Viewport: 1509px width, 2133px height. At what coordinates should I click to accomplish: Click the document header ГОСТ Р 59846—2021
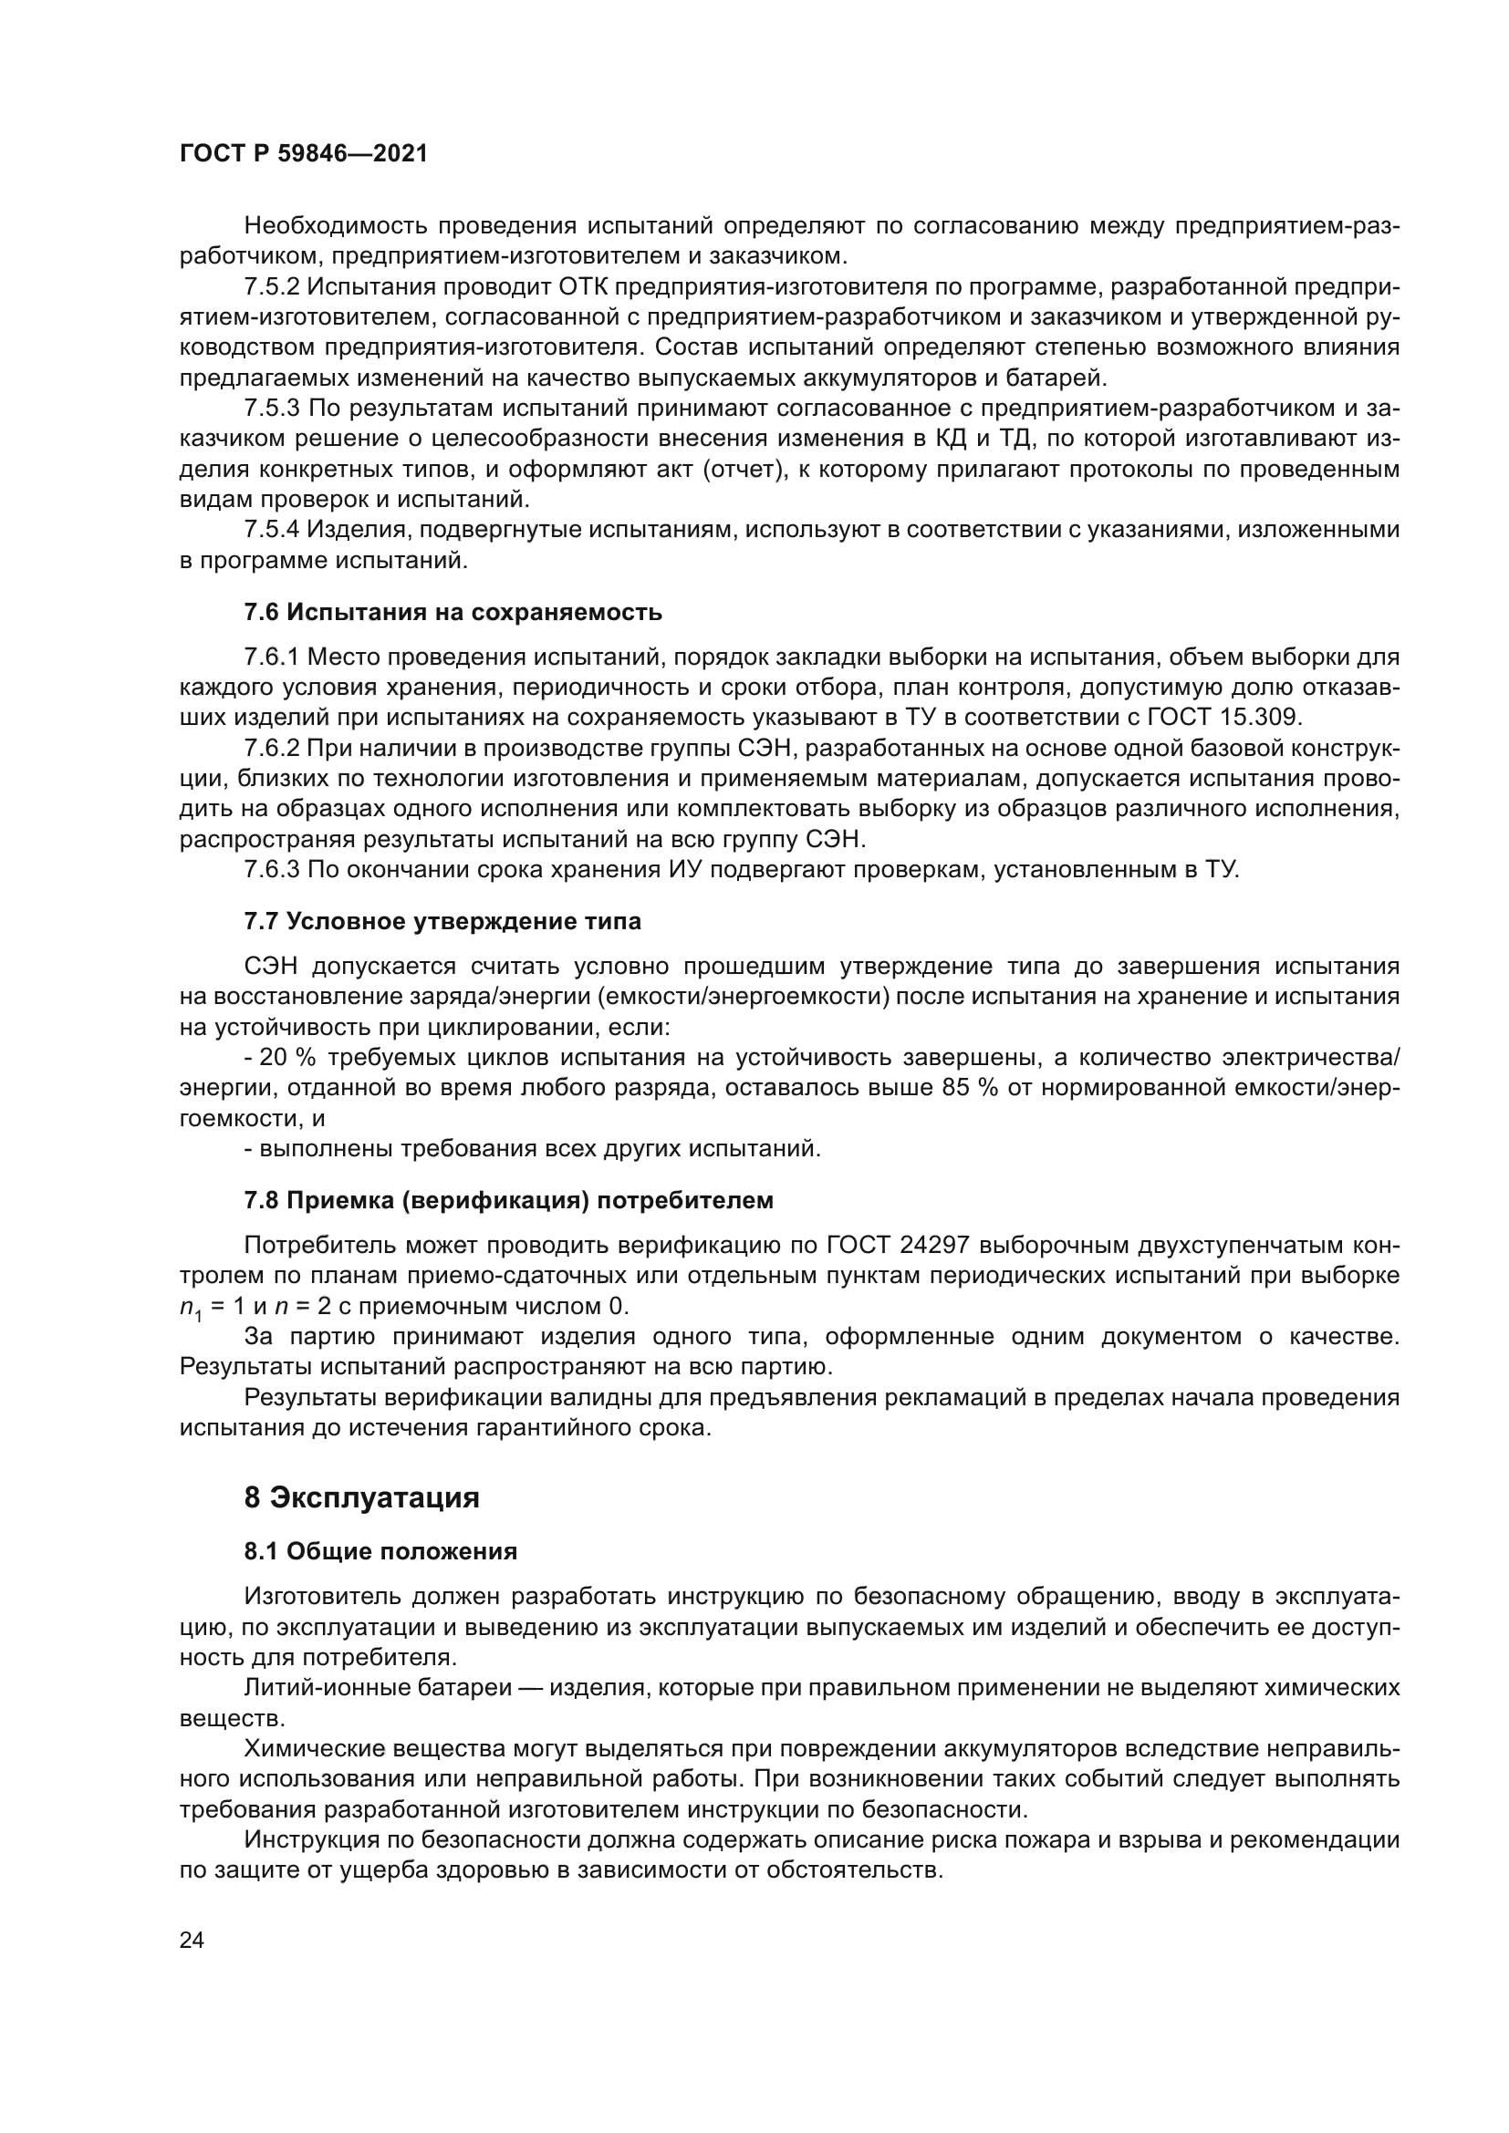(x=303, y=154)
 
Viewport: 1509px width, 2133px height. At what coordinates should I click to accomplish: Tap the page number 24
(x=192, y=1941)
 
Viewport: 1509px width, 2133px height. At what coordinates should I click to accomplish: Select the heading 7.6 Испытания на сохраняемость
(x=453, y=612)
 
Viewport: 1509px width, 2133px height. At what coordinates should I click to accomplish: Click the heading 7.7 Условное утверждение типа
(x=442, y=922)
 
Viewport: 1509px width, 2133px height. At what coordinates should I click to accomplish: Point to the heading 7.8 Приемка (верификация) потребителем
(x=508, y=1200)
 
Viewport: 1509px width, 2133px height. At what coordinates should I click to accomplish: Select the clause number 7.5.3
(x=272, y=409)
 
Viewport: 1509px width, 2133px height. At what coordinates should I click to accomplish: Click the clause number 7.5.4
(x=272, y=531)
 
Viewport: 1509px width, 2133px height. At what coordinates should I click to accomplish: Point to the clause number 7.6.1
(x=272, y=658)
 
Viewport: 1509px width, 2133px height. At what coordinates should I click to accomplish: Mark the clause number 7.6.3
(x=272, y=871)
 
